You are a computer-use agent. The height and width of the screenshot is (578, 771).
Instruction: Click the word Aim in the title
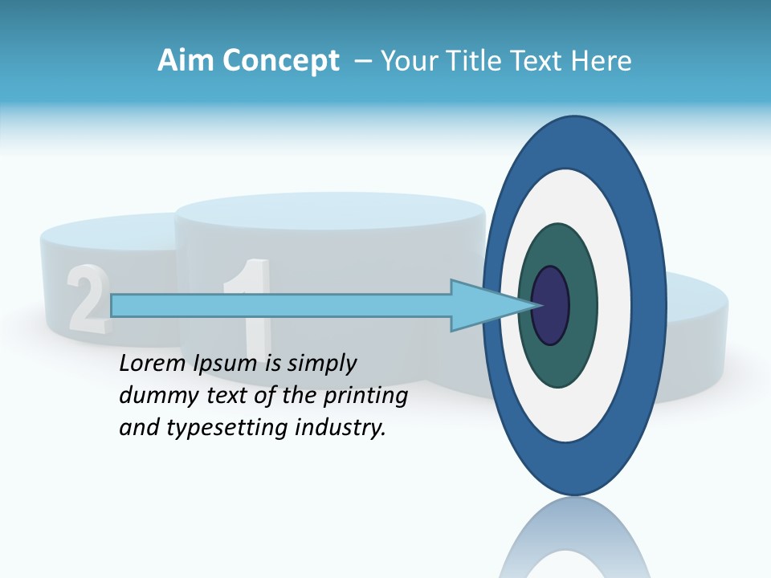186,61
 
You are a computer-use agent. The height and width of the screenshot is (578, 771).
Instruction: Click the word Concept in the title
281,61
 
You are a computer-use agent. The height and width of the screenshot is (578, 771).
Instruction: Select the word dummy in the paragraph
153,396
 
